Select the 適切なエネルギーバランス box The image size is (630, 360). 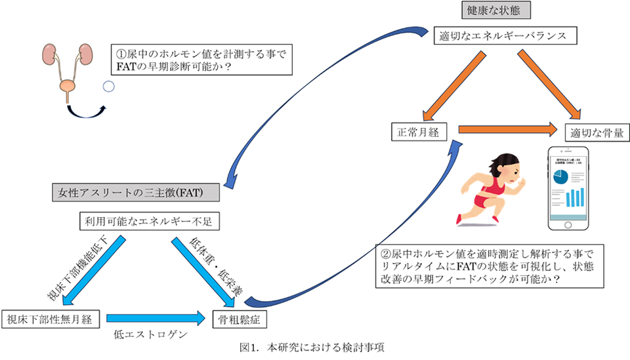(503, 36)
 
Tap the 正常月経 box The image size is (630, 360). (419, 132)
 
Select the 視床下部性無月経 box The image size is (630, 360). (51, 319)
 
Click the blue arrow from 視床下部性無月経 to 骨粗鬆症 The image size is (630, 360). (156, 319)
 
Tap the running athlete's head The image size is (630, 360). (509, 163)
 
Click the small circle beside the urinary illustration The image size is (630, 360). (109, 86)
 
